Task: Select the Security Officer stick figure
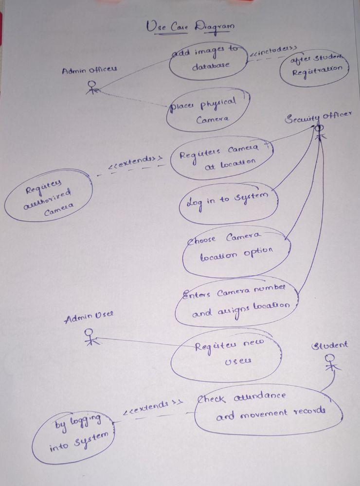(x=320, y=131)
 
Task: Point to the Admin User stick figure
(x=90, y=336)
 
